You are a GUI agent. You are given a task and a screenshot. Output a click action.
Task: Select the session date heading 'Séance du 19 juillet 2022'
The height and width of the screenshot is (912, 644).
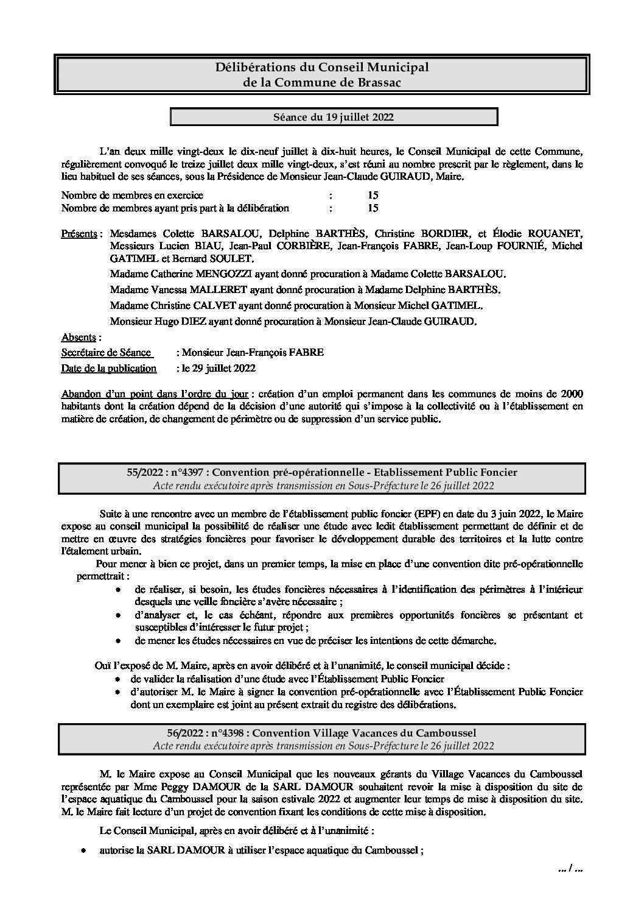[x=333, y=117]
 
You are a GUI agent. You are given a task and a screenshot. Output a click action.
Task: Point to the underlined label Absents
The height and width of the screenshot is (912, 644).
[x=79, y=337]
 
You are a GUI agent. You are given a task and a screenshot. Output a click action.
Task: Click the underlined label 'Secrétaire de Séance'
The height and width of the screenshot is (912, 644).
[x=106, y=353]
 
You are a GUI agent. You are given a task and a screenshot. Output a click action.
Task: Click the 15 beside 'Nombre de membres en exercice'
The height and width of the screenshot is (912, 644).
[x=373, y=196]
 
